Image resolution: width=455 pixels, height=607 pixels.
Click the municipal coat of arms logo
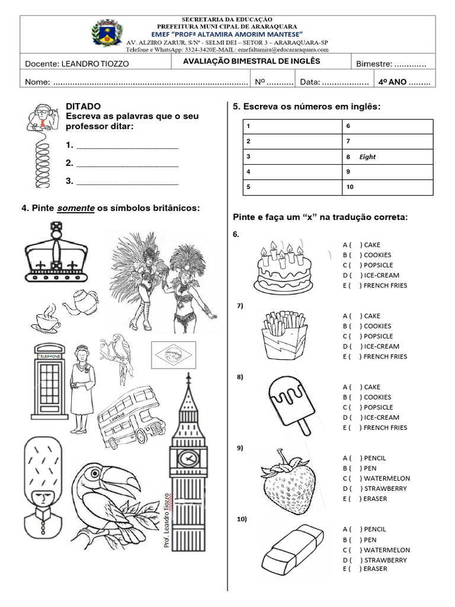click(107, 33)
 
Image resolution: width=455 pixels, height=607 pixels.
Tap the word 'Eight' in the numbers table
click(367, 157)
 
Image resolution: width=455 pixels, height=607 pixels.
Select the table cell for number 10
click(387, 188)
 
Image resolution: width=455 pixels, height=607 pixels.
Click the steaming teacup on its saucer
click(46, 319)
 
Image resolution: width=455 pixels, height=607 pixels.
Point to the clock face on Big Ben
click(188, 458)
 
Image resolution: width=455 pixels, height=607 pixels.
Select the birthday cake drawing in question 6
click(282, 265)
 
